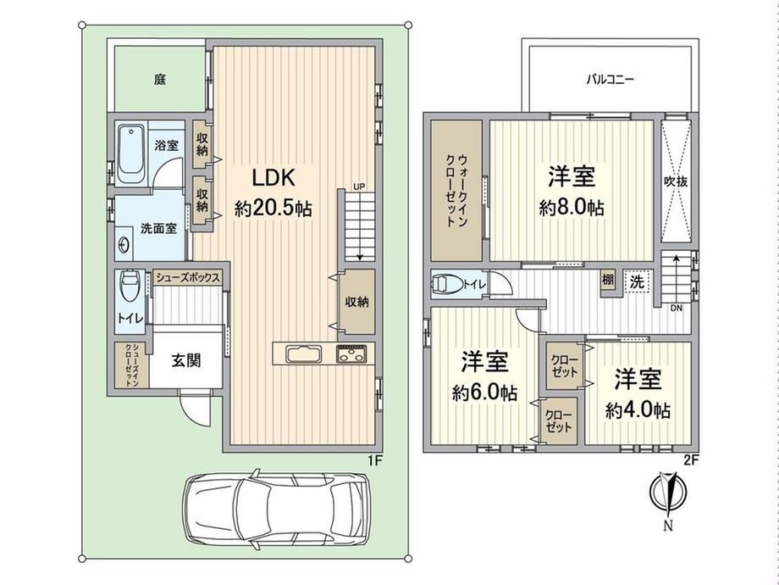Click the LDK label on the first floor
tap(273, 177)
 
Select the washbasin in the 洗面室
tap(123, 244)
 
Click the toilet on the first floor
tap(130, 286)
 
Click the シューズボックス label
tap(188, 277)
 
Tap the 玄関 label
tap(186, 360)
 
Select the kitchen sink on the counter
tap(303, 354)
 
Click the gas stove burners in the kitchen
tap(351, 354)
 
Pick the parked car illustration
tap(276, 511)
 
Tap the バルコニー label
tap(610, 80)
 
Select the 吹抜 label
tap(676, 181)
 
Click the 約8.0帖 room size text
tap(572, 207)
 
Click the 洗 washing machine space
tap(637, 282)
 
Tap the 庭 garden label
tap(159, 79)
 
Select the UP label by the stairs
tap(359, 187)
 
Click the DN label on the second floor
tap(677, 309)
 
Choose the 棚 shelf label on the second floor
tap(608, 280)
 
